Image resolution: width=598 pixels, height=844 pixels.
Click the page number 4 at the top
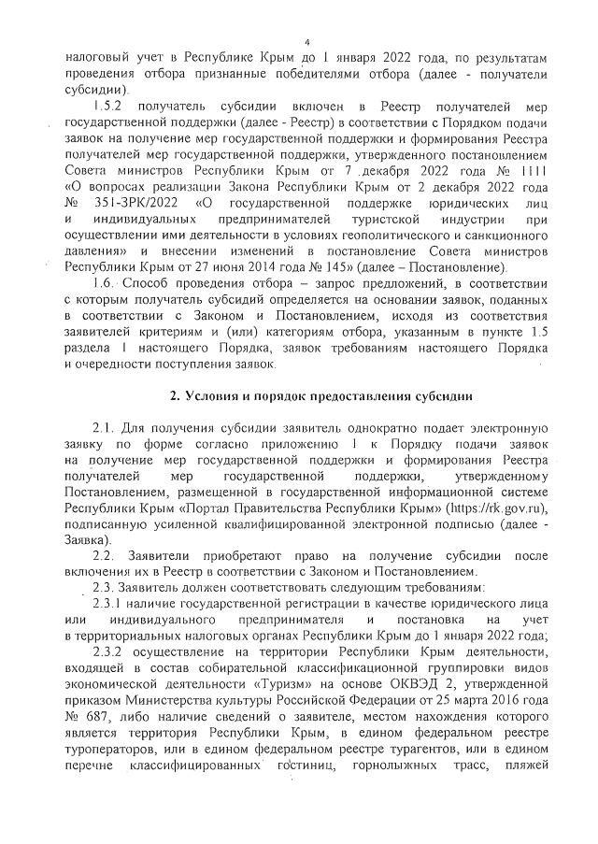click(306, 41)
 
